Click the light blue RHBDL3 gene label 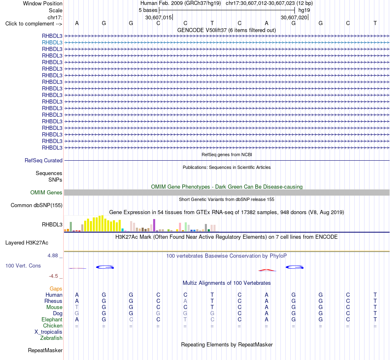point(52,43)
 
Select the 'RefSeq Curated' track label point(43,161)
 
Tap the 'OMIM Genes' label point(46,192)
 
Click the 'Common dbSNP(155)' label point(36,205)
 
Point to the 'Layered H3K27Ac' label point(27,243)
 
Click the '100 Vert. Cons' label point(23,265)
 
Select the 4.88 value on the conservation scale point(53,256)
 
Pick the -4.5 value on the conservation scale point(53,276)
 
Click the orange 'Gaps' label point(56,288)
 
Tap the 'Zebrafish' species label point(51,338)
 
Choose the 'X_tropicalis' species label point(48,332)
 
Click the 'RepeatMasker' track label point(45,350)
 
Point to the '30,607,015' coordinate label point(158,17)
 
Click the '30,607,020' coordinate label point(294,17)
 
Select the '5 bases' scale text point(148,10)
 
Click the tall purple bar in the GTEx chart point(154,225)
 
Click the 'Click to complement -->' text point(34,24)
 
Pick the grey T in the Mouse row point(77,307)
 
